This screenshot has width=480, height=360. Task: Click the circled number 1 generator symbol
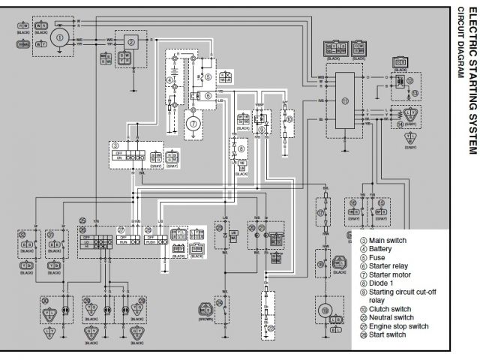coord(61,34)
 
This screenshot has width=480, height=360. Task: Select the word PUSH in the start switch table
coord(151,242)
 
